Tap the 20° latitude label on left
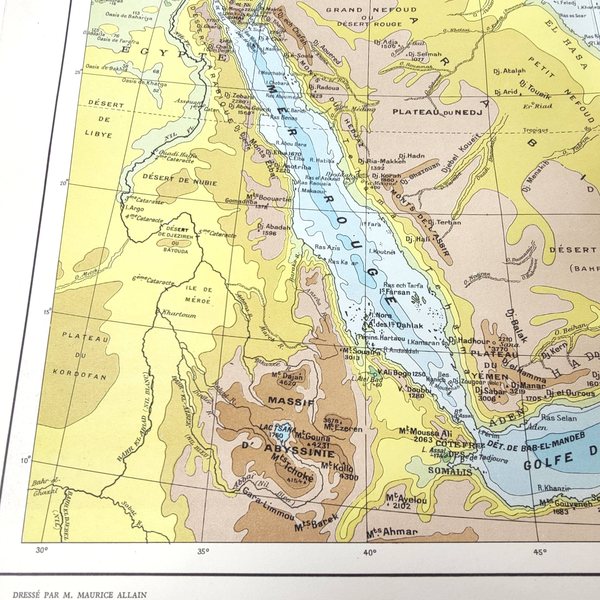(x=64, y=183)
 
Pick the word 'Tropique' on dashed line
(x=535, y=130)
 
